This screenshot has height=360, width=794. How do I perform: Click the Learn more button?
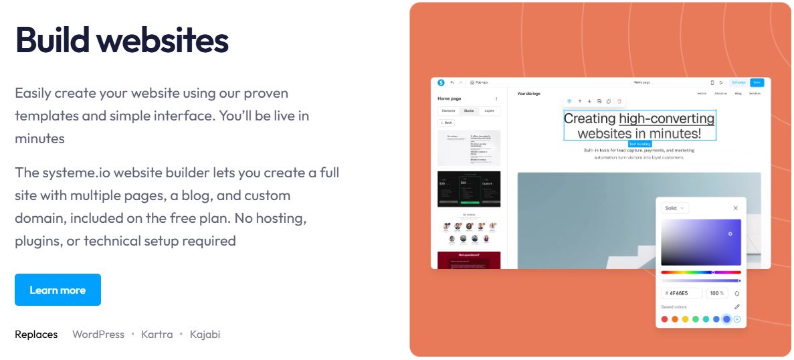58,290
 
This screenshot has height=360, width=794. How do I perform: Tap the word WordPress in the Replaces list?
98,334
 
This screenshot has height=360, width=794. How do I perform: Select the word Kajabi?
205,334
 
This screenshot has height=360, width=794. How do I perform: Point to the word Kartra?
157,334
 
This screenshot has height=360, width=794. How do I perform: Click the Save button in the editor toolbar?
757,82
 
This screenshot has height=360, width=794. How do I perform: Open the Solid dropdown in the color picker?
674,208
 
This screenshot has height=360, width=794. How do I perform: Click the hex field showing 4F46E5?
682,293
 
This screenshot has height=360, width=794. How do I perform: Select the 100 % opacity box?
717,293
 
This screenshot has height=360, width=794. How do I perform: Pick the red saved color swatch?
664,319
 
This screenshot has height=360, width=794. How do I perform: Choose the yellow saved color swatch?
685,319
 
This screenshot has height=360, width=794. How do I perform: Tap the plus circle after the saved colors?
737,319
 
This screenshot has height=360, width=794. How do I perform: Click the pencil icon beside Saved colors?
736,306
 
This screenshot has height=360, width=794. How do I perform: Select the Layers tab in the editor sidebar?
490,110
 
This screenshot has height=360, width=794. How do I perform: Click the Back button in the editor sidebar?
446,122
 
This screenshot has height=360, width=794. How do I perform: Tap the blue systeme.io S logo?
441,82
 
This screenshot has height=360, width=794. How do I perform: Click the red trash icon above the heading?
619,101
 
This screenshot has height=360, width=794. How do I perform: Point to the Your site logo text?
528,94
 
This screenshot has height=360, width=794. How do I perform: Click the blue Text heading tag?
639,144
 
